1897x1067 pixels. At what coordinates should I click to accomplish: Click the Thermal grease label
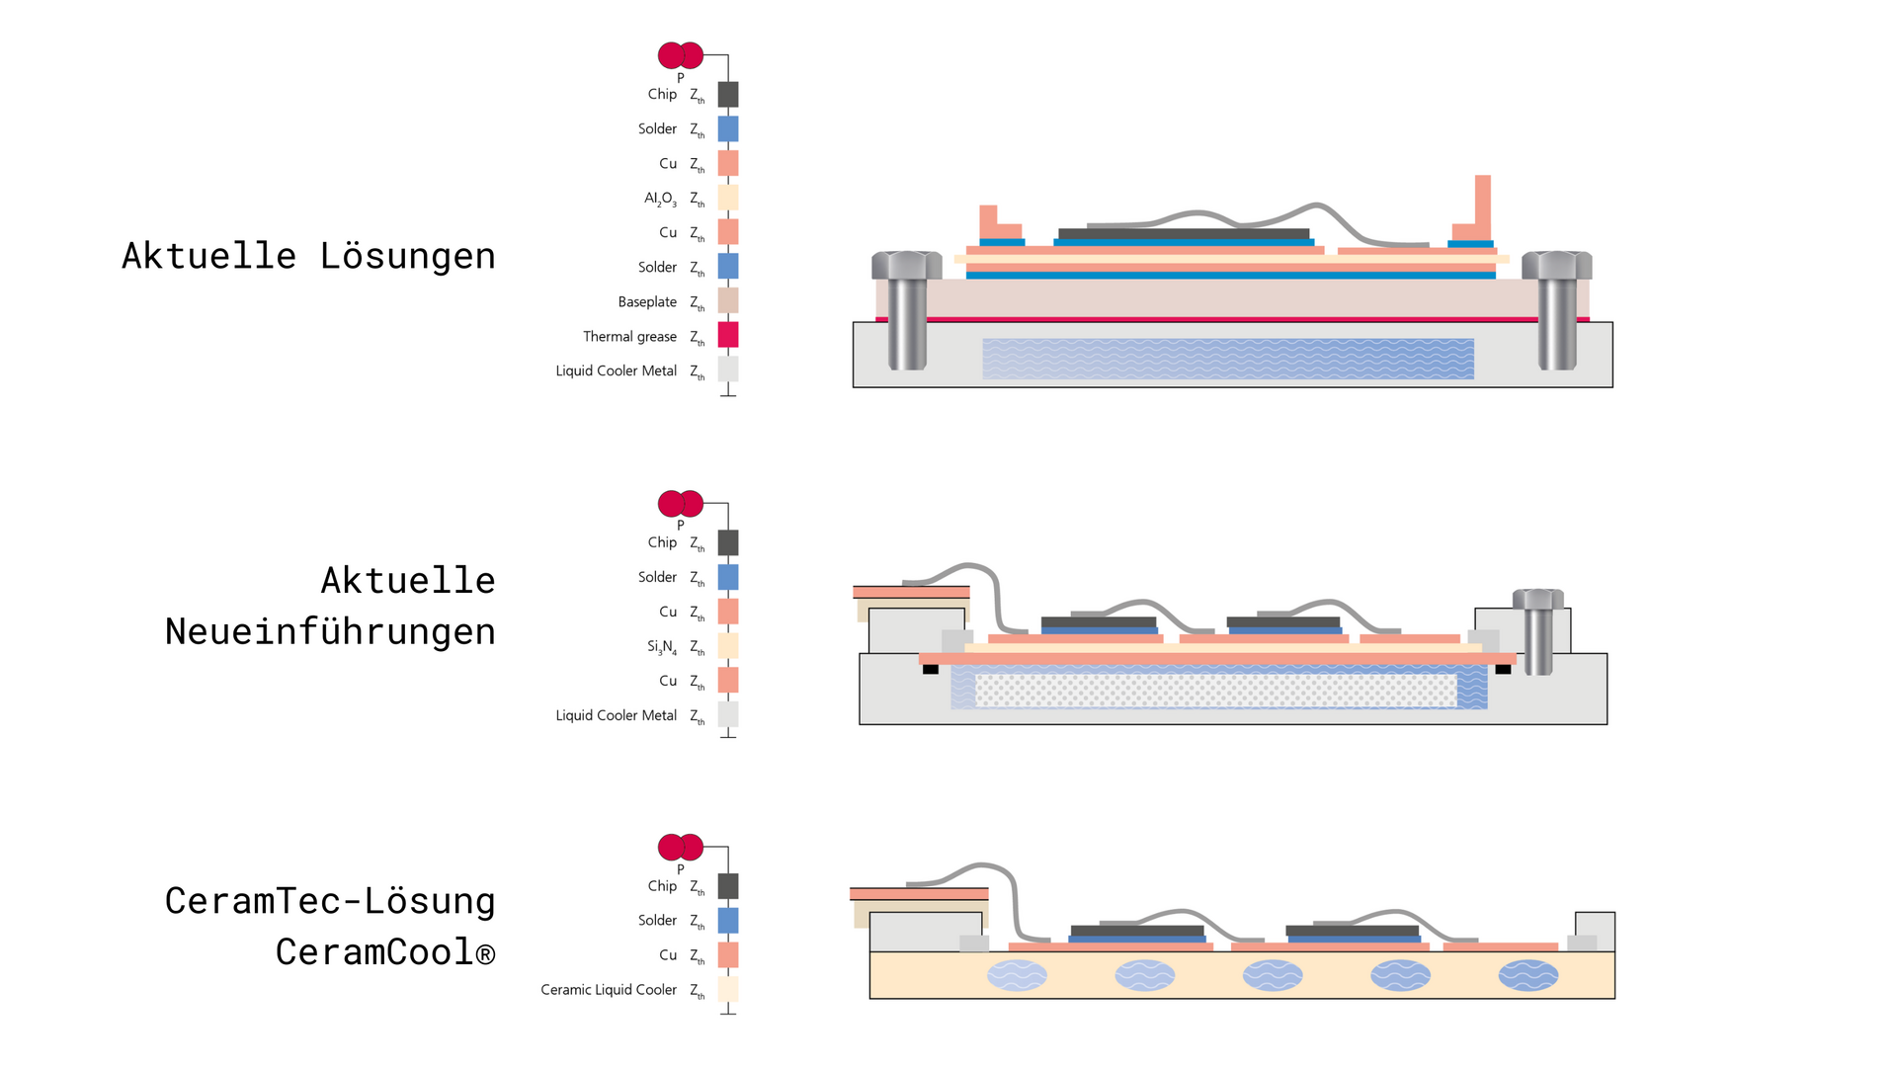pyautogui.click(x=629, y=337)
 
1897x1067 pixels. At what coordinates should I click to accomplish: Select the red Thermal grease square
pyautogui.click(x=728, y=335)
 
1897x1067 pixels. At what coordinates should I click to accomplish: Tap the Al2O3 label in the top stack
pyautogui.click(x=660, y=199)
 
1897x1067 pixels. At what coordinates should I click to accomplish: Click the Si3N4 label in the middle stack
pyautogui.click(x=662, y=647)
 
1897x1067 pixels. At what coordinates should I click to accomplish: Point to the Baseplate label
pyautogui.click(x=647, y=302)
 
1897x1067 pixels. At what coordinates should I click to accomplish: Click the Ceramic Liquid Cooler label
pyautogui.click(x=609, y=990)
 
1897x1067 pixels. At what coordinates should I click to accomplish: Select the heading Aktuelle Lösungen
pyautogui.click(x=308, y=256)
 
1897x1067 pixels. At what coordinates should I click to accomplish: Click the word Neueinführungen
pyautogui.click(x=330, y=631)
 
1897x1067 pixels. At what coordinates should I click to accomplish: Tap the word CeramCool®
pyautogui.click(x=385, y=952)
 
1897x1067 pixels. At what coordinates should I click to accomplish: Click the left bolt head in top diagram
pyautogui.click(x=906, y=265)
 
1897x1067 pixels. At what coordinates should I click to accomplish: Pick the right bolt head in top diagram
pyautogui.click(x=1556, y=265)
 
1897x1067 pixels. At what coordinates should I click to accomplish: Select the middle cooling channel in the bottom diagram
pyautogui.click(x=1273, y=976)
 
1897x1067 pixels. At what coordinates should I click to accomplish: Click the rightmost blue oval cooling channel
pyautogui.click(x=1527, y=976)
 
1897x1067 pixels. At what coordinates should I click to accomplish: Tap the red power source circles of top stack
pyautogui.click(x=681, y=55)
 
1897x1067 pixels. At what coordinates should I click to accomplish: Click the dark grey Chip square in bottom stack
pyautogui.click(x=728, y=886)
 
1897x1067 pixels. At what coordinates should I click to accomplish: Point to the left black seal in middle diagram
pyautogui.click(x=931, y=670)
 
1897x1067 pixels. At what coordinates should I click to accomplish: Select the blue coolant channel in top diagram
pyautogui.click(x=1228, y=359)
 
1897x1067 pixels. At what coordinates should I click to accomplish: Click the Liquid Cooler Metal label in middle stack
pyautogui.click(x=616, y=716)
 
